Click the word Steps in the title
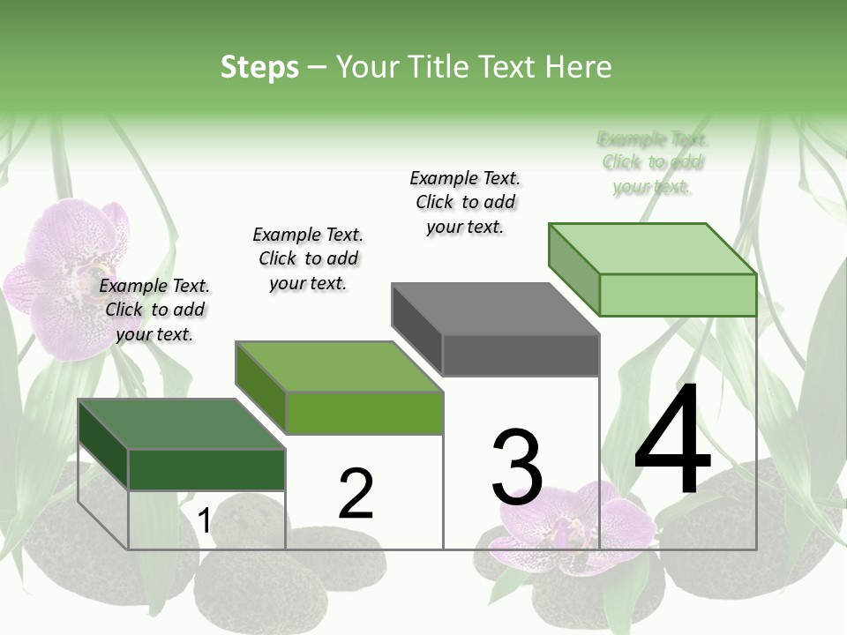click(259, 67)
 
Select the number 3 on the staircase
click(517, 467)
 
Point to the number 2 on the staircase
click(356, 494)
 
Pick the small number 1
click(204, 521)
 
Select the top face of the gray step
click(495, 309)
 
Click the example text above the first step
click(154, 310)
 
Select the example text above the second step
click(308, 258)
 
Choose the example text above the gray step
click(465, 202)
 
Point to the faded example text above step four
click(653, 162)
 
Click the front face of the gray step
click(521, 355)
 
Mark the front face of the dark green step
click(206, 469)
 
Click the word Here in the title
click(579, 67)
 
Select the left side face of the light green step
click(573, 269)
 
